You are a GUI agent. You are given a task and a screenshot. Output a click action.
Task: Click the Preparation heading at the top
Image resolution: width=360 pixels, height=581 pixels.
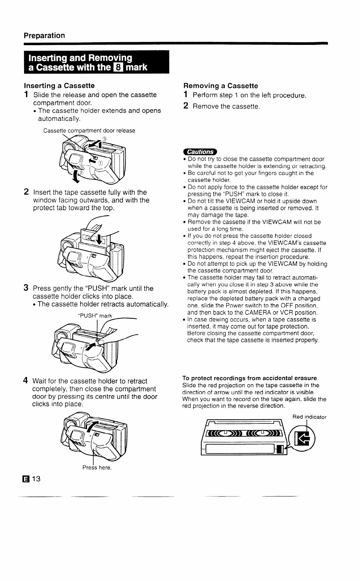[44, 35]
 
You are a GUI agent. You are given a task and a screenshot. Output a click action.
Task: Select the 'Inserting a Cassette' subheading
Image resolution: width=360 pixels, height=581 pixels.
[59, 86]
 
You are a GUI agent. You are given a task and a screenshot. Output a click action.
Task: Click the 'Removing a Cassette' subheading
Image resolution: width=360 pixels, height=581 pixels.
[221, 86]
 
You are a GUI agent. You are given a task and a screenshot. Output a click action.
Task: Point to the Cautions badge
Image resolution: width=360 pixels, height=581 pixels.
[199, 152]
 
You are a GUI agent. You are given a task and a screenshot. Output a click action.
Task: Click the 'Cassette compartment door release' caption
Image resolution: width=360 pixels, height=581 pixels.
[89, 131]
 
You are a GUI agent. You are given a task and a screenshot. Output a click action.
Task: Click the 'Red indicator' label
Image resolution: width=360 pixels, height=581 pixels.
[309, 417]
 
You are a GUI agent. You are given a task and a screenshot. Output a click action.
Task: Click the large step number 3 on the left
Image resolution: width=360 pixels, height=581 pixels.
[26, 288]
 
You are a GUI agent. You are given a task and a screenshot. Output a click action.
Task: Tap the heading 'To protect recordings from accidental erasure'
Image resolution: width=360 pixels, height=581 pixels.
[249, 378]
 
